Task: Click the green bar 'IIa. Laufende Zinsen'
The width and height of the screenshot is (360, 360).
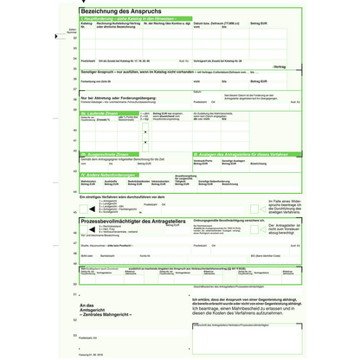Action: point(104,112)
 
